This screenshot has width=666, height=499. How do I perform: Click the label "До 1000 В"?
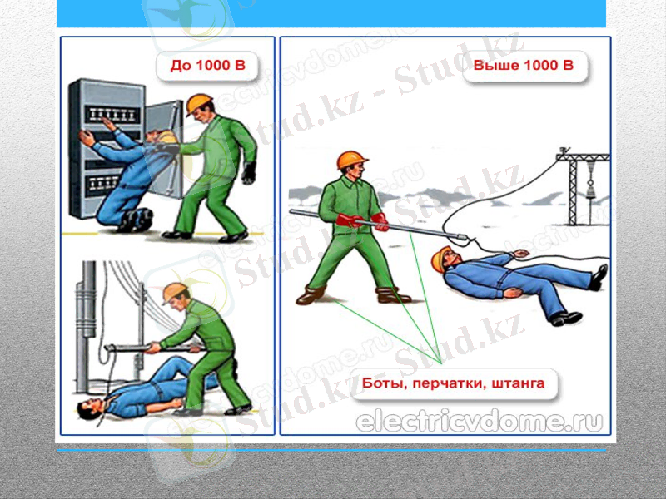point(207,67)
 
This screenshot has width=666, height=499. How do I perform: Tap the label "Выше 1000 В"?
point(524,67)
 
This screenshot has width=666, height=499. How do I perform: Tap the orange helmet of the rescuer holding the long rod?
point(351,160)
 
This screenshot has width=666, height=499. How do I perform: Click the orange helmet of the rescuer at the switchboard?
point(200,103)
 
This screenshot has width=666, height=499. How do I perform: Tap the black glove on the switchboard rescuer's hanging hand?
point(248,173)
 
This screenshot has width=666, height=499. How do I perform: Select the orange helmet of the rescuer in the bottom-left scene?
point(175,291)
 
